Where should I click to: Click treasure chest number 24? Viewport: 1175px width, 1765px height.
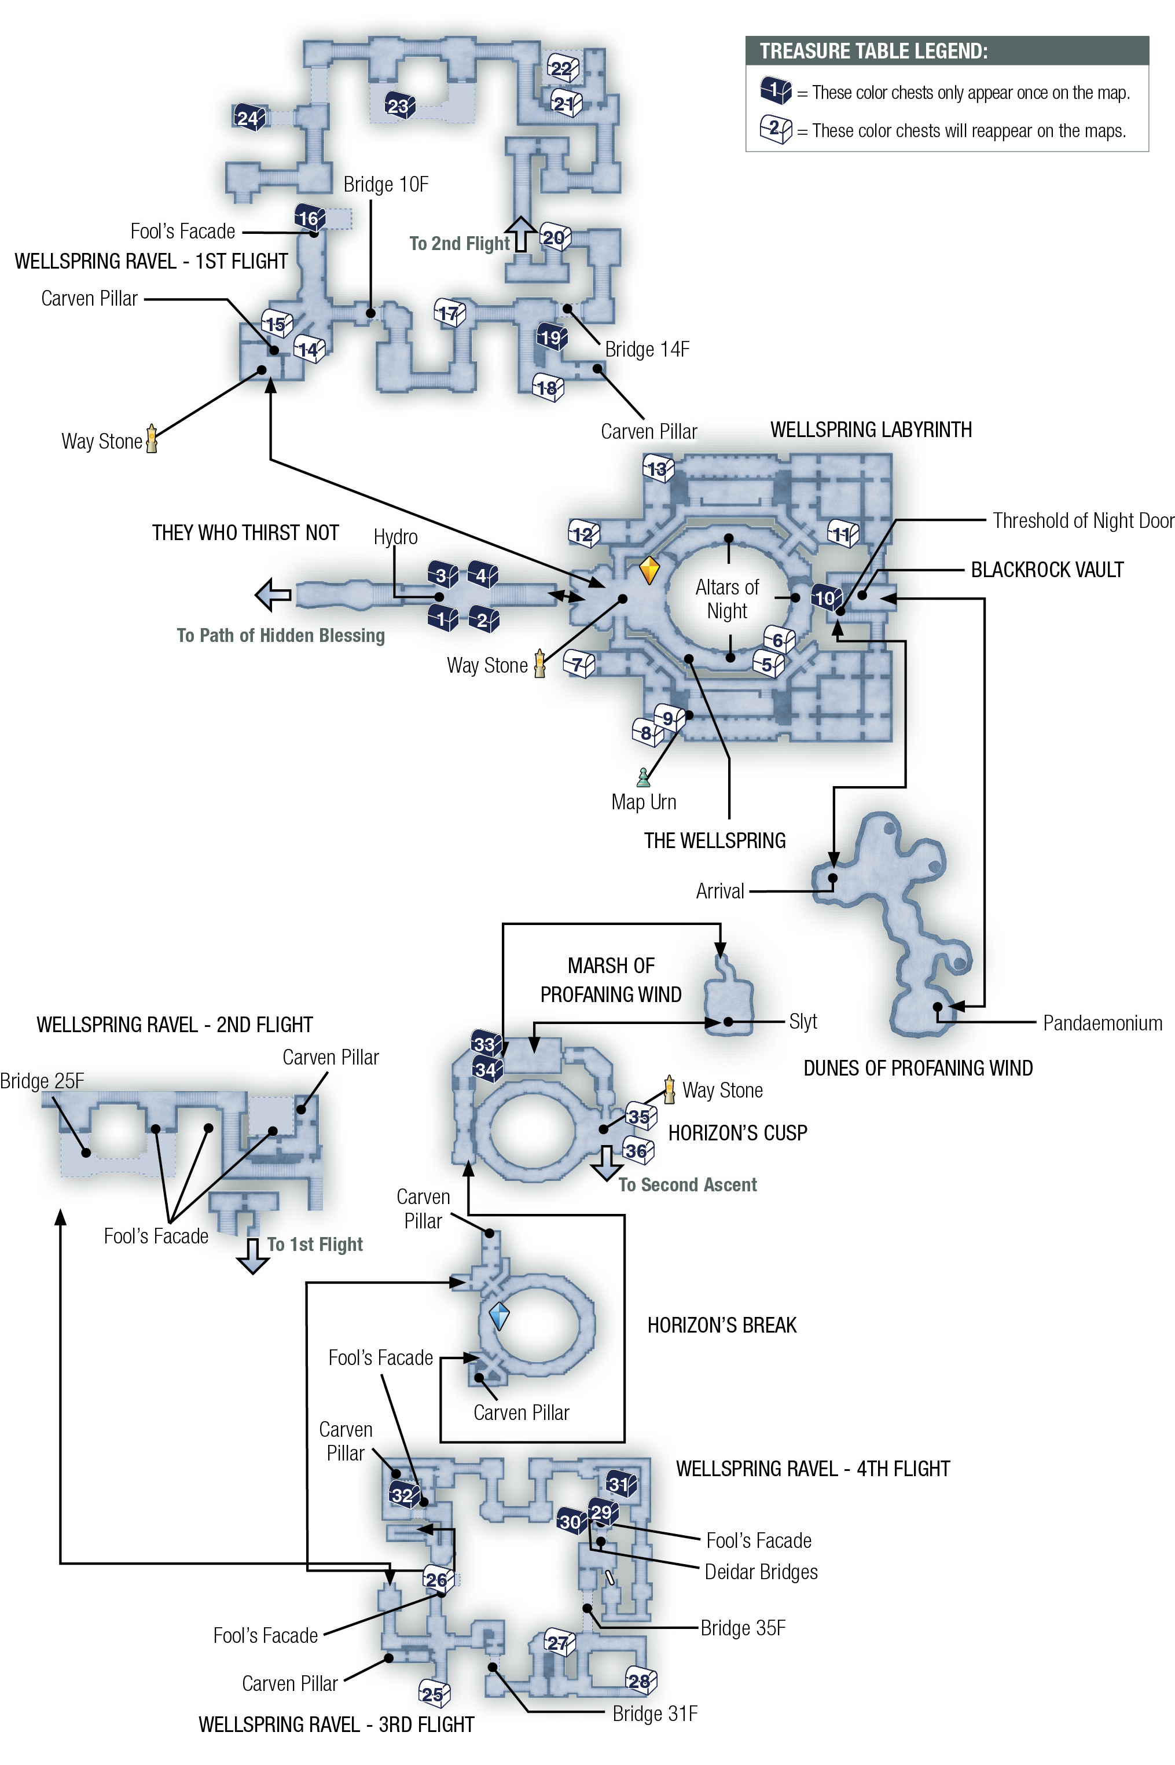(x=249, y=117)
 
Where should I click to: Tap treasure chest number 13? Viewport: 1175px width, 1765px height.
(x=658, y=468)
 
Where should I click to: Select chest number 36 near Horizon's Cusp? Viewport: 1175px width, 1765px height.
(x=638, y=1150)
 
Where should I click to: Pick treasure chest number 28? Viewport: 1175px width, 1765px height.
(x=641, y=1681)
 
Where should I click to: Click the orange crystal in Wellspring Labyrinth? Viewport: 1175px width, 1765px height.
(x=649, y=570)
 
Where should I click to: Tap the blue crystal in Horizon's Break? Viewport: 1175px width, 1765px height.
(x=499, y=1316)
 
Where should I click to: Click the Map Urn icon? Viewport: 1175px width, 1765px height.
(x=643, y=777)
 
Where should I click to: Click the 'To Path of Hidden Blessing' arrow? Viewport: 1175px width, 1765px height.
(x=273, y=595)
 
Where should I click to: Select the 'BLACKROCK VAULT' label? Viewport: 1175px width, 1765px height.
(x=1047, y=570)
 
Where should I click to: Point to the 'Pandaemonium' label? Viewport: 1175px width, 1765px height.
(x=1102, y=1023)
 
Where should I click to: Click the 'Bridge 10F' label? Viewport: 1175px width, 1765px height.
(x=386, y=184)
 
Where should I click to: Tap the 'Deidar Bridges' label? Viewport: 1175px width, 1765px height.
(x=761, y=1572)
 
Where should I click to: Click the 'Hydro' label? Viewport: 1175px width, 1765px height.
(x=396, y=537)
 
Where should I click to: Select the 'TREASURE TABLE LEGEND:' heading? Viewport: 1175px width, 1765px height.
(x=874, y=51)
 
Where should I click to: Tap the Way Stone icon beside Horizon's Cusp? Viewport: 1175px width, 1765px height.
(x=669, y=1089)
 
